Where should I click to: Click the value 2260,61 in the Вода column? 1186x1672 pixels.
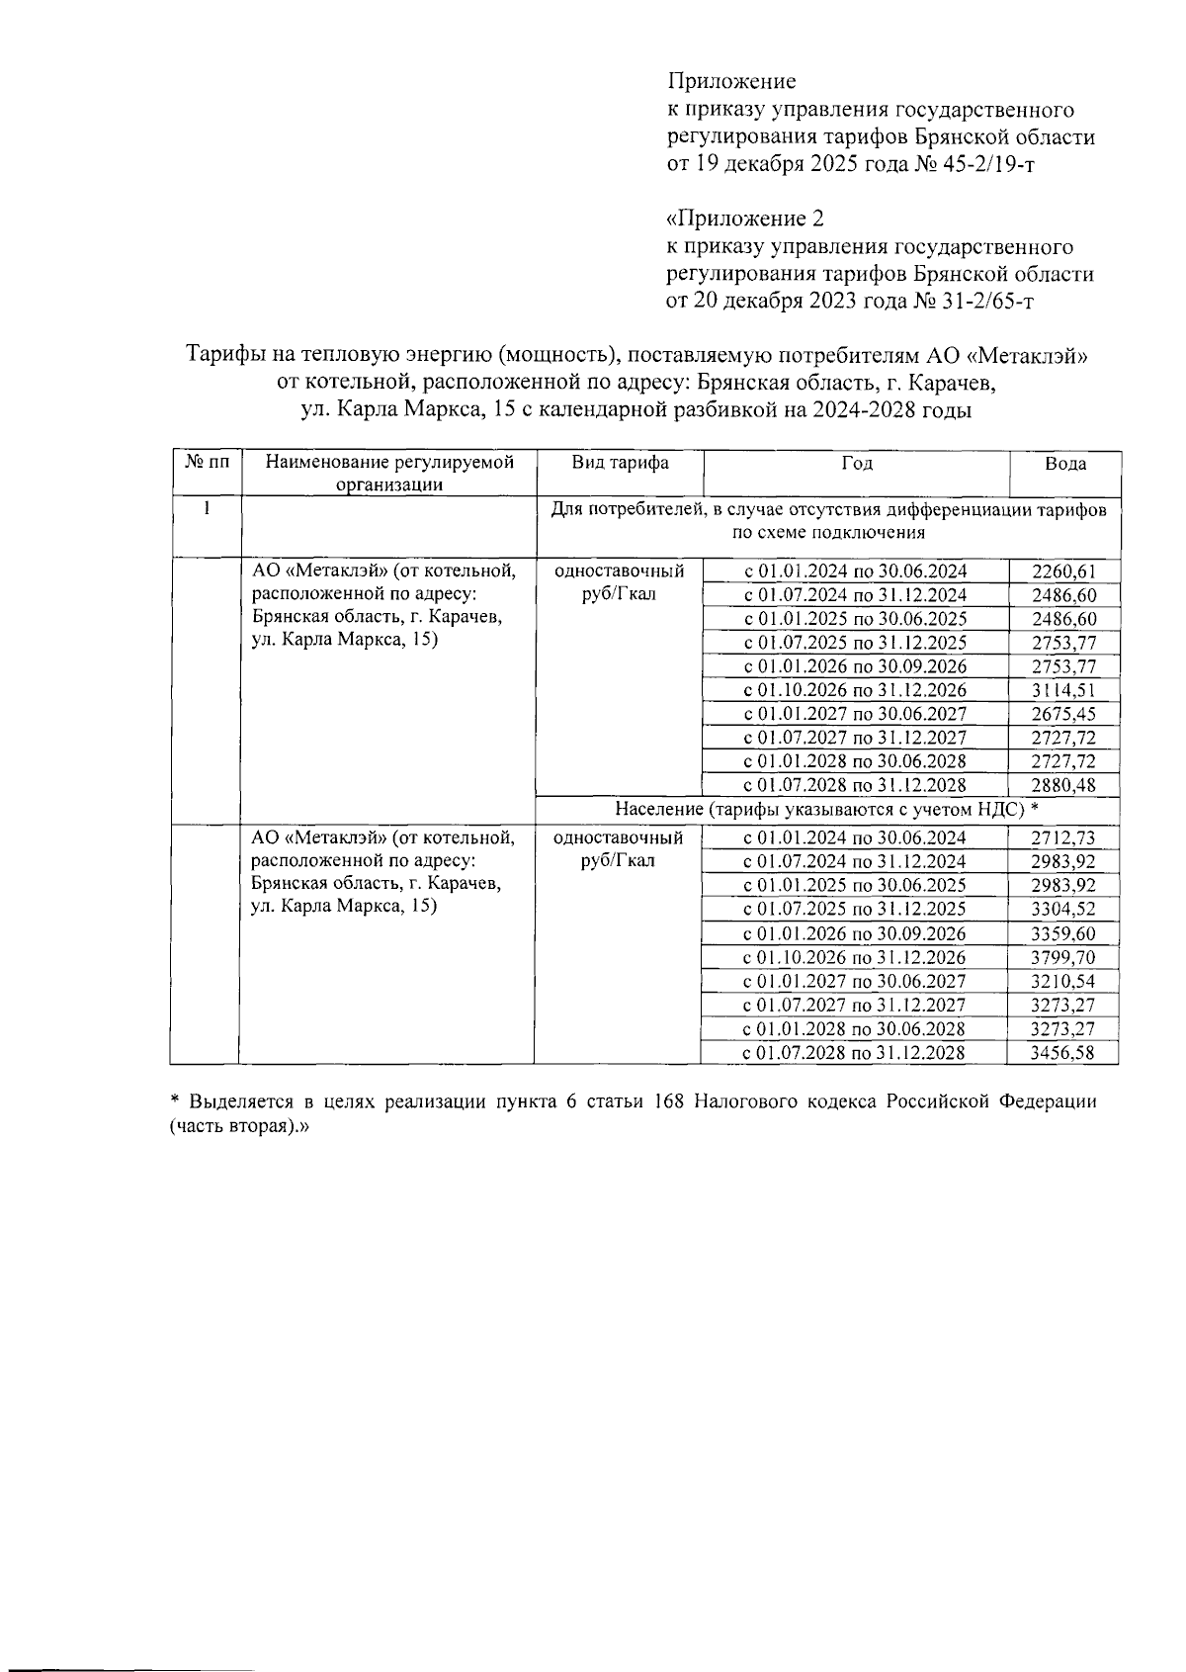coord(1063,572)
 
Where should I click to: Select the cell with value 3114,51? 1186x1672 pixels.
coord(1063,690)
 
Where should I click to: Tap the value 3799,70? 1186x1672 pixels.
coord(1061,957)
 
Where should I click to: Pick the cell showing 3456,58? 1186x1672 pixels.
coord(1061,1053)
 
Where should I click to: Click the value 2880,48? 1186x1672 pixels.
coord(1063,785)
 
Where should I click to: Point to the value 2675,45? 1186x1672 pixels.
coord(1063,714)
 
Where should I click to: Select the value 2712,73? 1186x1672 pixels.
coord(1061,837)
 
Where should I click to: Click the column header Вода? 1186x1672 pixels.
coord(1065,465)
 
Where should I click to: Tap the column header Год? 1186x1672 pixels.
coord(857,464)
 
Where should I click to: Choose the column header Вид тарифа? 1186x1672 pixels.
coord(620,464)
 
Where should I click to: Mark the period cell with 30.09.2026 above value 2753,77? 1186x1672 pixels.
coord(855,666)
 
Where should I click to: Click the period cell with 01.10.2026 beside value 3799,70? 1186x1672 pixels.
coord(854,957)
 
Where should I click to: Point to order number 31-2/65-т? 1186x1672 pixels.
coord(978,301)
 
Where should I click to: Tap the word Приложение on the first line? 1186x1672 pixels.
coord(731,81)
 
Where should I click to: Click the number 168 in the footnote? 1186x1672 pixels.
coord(672,1101)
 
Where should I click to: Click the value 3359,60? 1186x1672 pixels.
coord(1061,933)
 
